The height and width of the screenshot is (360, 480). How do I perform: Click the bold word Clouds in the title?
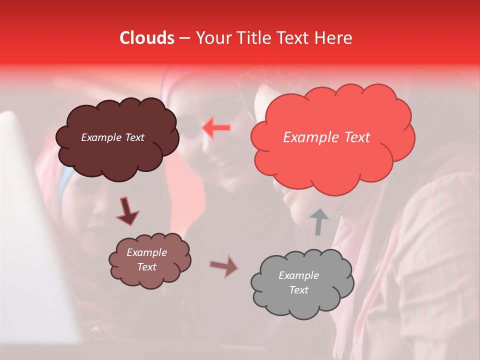point(147,38)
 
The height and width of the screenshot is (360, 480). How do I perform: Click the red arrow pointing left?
point(216,128)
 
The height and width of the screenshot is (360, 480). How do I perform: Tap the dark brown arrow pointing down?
point(127,211)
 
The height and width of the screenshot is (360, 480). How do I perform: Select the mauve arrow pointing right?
point(224,266)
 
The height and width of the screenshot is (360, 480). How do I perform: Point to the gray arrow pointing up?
point(319,221)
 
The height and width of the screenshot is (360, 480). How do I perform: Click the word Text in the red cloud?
point(357,137)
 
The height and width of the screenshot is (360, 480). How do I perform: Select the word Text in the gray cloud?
point(298,290)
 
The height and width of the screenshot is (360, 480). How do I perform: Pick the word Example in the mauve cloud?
point(146,252)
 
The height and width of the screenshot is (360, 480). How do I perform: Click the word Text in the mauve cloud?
point(146,267)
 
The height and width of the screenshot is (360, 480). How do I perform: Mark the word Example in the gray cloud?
point(298,275)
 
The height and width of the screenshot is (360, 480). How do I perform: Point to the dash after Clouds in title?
point(184,38)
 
